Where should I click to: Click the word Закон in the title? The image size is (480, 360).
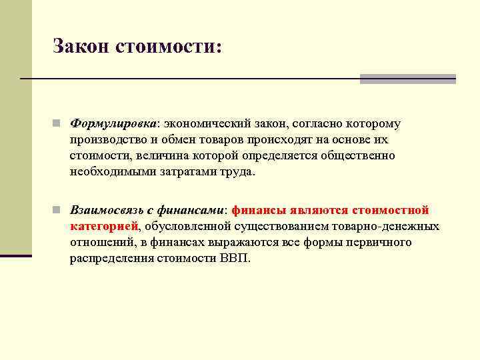tap(81, 46)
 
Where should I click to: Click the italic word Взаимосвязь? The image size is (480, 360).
tap(107, 210)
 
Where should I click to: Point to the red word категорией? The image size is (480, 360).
tap(104, 226)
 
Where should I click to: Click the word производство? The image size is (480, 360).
tap(105, 140)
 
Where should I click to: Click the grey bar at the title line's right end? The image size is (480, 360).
tap(407, 79)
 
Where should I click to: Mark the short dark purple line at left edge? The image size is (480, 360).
tap(16, 255)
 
